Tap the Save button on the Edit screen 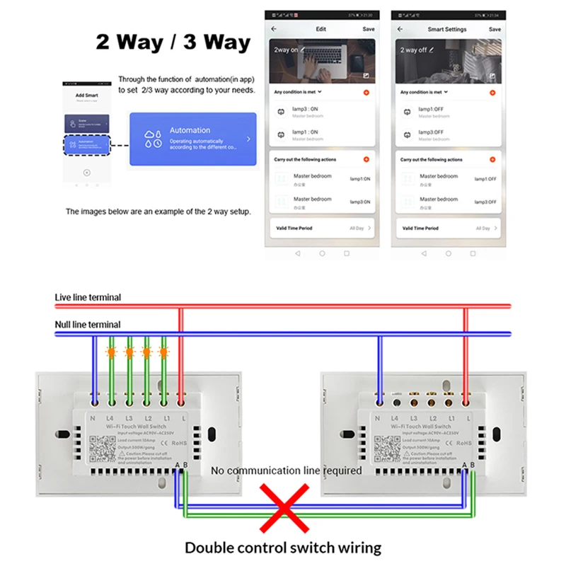pos(368,29)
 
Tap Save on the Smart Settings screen pos(495,29)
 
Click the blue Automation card pos(192,139)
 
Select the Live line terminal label pos(88,297)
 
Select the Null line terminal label pos(88,325)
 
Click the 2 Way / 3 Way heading pos(173,42)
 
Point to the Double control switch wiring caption pos(283,547)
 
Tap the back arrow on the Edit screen pos(274,29)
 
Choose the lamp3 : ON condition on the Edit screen pos(305,110)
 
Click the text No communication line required pos(287,470)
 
